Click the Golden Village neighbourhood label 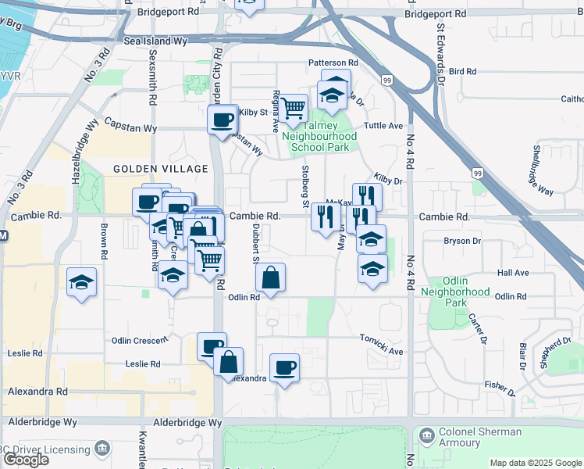point(161,169)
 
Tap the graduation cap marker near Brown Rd point(81,283)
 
